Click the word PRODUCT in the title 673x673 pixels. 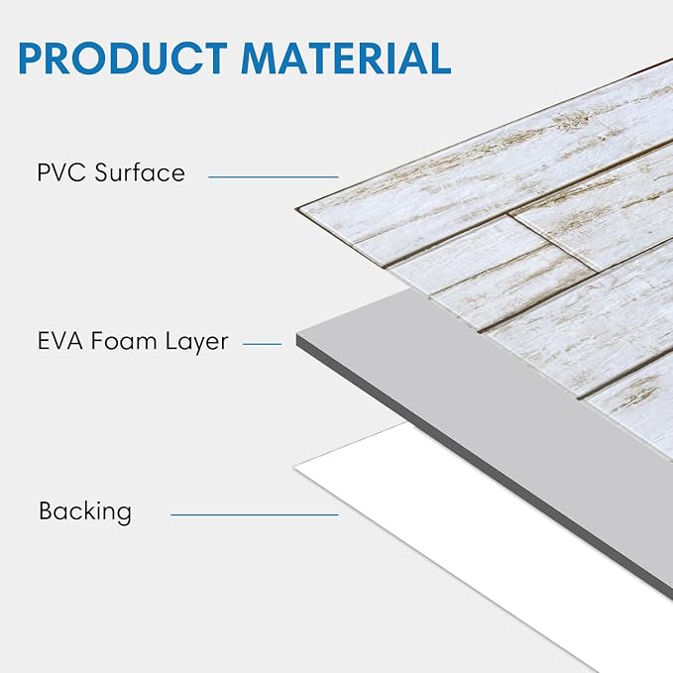pyautogui.click(x=123, y=58)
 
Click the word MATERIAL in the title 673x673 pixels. pyautogui.click(x=346, y=58)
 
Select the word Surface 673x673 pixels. pyautogui.click(x=140, y=172)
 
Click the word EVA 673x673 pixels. pyautogui.click(x=60, y=341)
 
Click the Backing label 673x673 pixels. pyautogui.click(x=85, y=511)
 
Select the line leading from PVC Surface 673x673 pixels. pyautogui.click(x=274, y=176)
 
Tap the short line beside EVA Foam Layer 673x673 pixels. pyautogui.click(x=263, y=344)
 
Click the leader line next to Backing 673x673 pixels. pyautogui.click(x=255, y=514)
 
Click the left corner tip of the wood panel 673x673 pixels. pyautogui.click(x=296, y=209)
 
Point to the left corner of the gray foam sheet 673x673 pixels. pyautogui.click(x=296, y=335)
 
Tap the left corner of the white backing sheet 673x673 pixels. pyautogui.click(x=294, y=468)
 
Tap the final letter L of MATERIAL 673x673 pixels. pyautogui.click(x=439, y=58)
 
